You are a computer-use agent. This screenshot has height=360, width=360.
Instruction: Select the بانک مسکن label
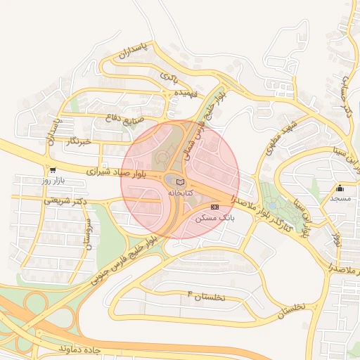[x=217, y=218]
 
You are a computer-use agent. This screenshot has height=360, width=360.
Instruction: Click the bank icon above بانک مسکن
[x=214, y=207]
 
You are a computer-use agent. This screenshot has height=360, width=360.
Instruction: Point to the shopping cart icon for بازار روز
[x=53, y=170]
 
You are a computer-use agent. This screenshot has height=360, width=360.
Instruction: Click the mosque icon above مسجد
[x=340, y=188]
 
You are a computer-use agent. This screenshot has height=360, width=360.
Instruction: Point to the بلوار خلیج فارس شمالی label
[x=204, y=116]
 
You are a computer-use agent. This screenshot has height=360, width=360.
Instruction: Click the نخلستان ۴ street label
[x=207, y=297]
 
